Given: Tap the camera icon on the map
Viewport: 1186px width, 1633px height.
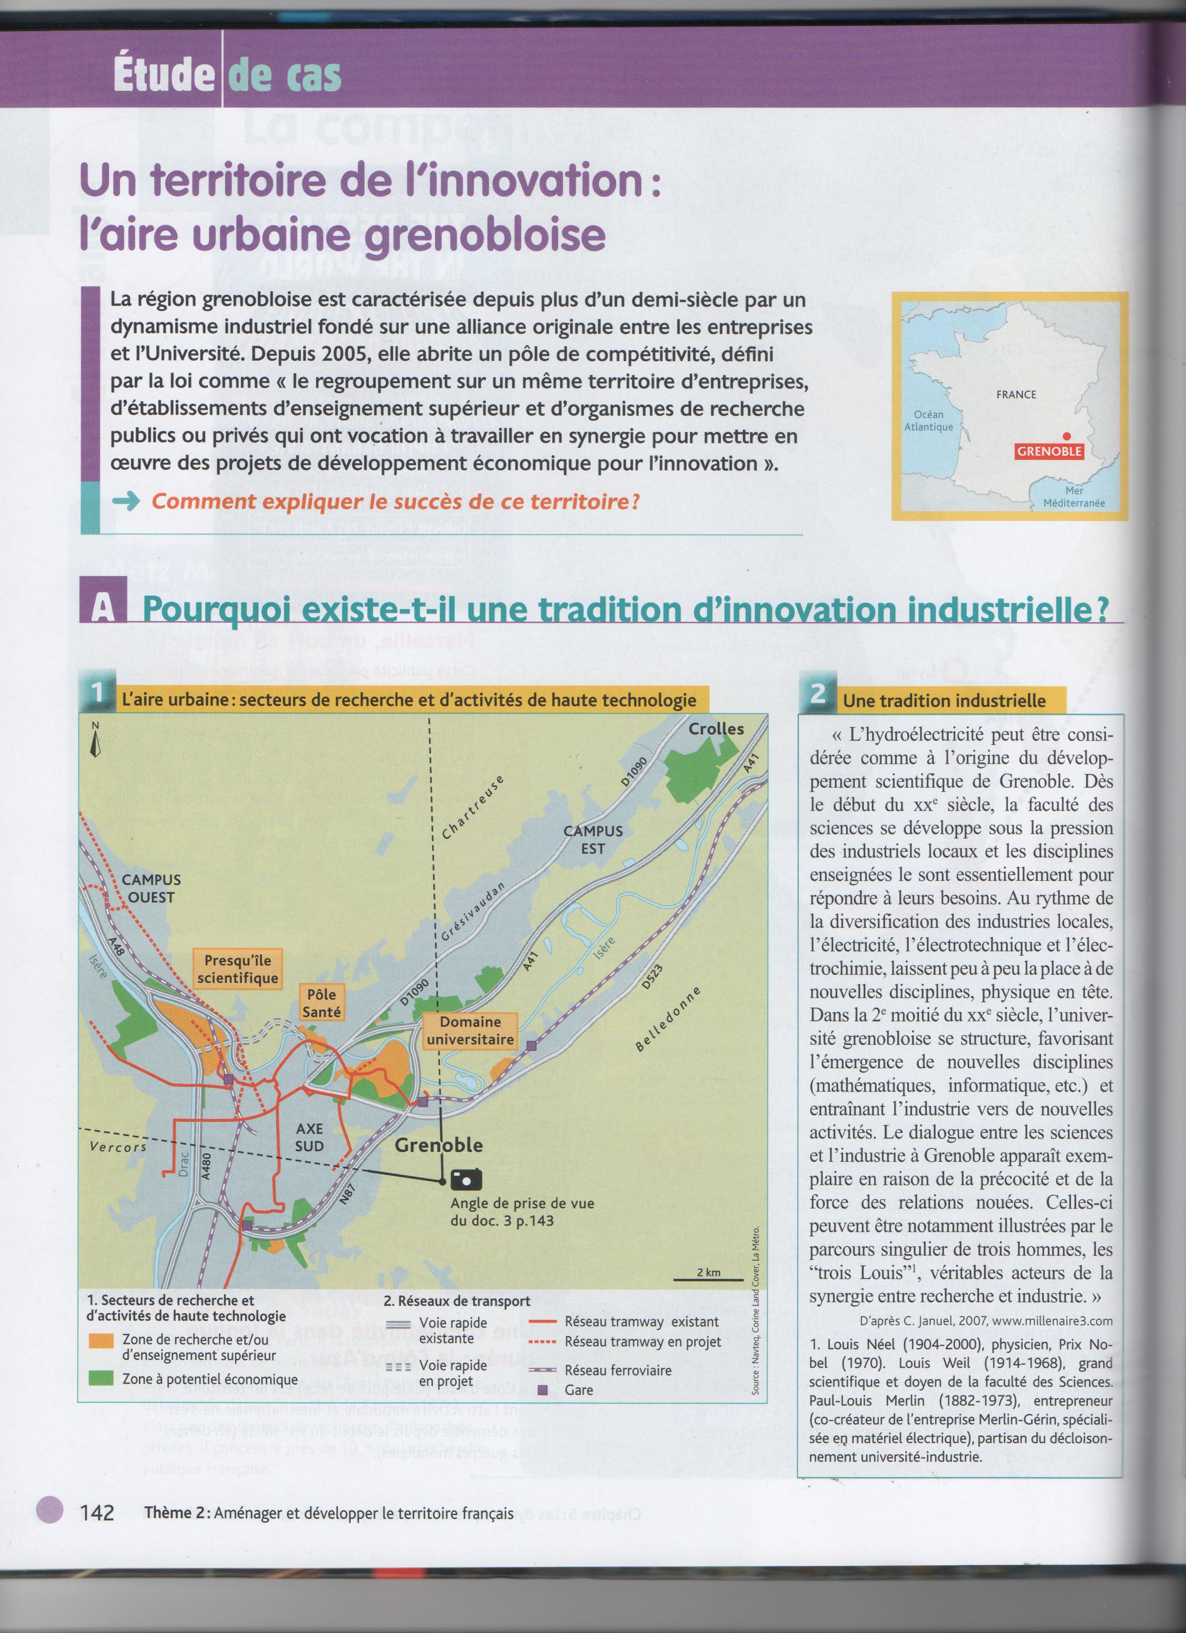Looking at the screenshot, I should pos(466,1179).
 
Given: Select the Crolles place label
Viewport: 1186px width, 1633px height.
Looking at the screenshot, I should pos(716,729).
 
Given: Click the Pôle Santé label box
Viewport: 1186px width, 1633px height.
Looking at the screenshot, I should pos(321,1003).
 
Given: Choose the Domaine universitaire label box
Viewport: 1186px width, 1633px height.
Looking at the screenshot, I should pos(470,1030).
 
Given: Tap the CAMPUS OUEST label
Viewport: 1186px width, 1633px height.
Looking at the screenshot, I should pos(151,888).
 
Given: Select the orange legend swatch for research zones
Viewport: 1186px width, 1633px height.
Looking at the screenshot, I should pos(100,1341).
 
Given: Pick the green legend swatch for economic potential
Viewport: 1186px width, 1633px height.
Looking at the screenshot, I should pos(100,1378).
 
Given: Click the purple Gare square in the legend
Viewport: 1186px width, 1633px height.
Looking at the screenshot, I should pos(543,1390).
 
